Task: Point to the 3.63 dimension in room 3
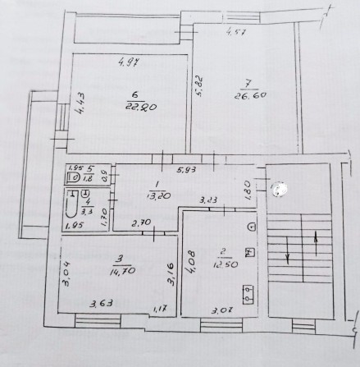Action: click(x=101, y=305)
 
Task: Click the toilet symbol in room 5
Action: click(x=73, y=177)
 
